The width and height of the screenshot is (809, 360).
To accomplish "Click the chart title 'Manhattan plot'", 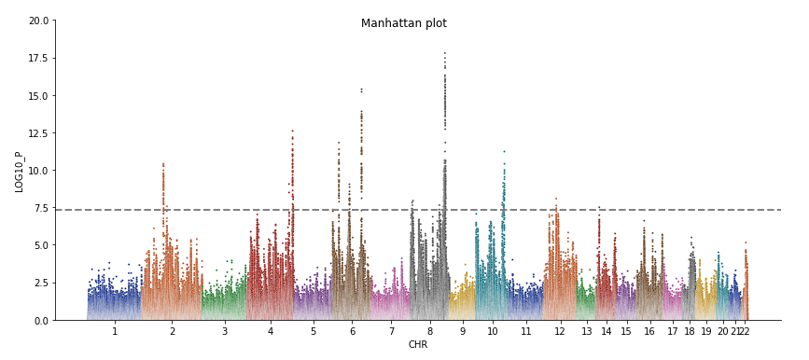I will point(403,23).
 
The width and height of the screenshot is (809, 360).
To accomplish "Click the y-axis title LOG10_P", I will point(19,171).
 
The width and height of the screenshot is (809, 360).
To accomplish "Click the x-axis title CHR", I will point(417,345).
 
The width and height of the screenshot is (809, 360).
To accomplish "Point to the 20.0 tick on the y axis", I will point(38,21).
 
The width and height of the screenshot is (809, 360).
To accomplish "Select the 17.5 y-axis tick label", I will point(38,58).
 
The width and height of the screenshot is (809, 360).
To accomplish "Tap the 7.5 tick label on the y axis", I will point(41,208).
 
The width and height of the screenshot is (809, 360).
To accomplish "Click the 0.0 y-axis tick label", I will point(41,321).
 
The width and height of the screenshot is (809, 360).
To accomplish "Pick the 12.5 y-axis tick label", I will point(38,133).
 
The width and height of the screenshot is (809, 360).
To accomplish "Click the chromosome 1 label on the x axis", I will point(115,332).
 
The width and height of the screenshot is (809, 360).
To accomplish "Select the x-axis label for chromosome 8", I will point(429,332).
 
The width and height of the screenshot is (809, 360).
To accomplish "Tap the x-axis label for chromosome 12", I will point(559,332).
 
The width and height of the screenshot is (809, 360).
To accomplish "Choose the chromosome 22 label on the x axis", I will point(743,332).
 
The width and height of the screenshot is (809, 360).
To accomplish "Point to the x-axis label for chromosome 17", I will point(673,332).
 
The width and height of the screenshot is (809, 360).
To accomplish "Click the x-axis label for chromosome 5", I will point(313,332).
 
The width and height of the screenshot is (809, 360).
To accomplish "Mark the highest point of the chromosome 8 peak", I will point(444,53).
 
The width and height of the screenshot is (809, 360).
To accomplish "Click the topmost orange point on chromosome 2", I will point(162,164).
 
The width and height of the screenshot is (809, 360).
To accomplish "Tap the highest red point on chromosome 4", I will point(292,131).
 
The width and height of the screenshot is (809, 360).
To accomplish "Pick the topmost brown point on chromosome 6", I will point(361,90).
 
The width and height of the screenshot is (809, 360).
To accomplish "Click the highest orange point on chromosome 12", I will point(556,199).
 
